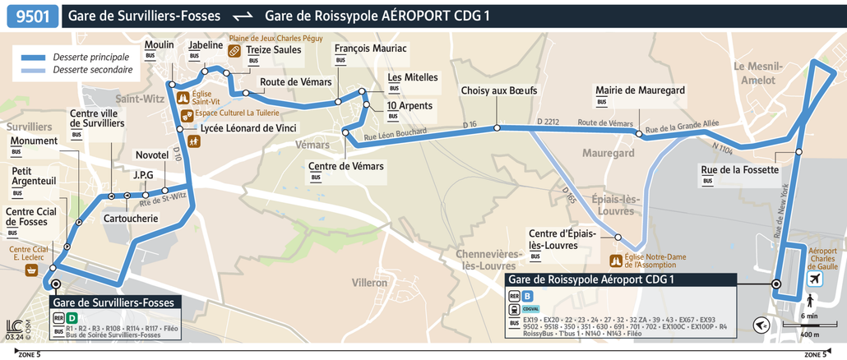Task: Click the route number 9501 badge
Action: coord(33,16)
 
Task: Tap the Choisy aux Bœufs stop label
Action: coord(498,90)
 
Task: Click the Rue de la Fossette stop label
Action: coord(739,170)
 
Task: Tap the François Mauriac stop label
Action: coord(371,48)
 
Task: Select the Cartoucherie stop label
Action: coord(130,219)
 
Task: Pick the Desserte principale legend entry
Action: coord(91,58)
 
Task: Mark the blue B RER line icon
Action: coord(528,296)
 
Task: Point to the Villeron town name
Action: coord(369,283)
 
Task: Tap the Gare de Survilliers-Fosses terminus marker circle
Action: coord(56,284)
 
